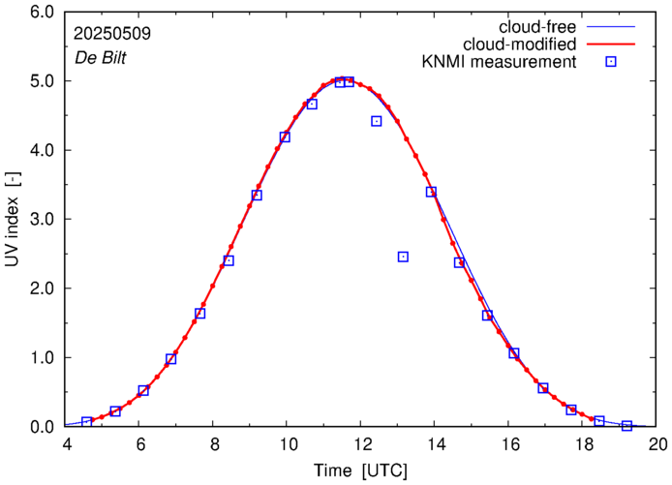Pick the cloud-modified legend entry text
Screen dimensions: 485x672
521,44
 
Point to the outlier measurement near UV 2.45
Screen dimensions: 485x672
403,257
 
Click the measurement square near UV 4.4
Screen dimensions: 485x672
377,121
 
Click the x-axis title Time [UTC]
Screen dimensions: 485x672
361,471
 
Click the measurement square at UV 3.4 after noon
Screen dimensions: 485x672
431,192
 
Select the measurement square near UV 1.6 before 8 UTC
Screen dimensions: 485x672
199,314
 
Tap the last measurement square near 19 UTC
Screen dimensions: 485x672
626,426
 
